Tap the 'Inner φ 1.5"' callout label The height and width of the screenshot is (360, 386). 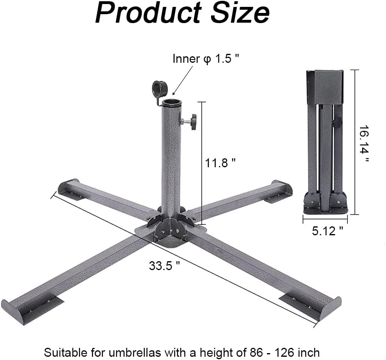[206, 59]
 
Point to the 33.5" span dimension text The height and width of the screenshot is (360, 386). [164, 266]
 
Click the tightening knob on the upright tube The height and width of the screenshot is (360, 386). [193, 121]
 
